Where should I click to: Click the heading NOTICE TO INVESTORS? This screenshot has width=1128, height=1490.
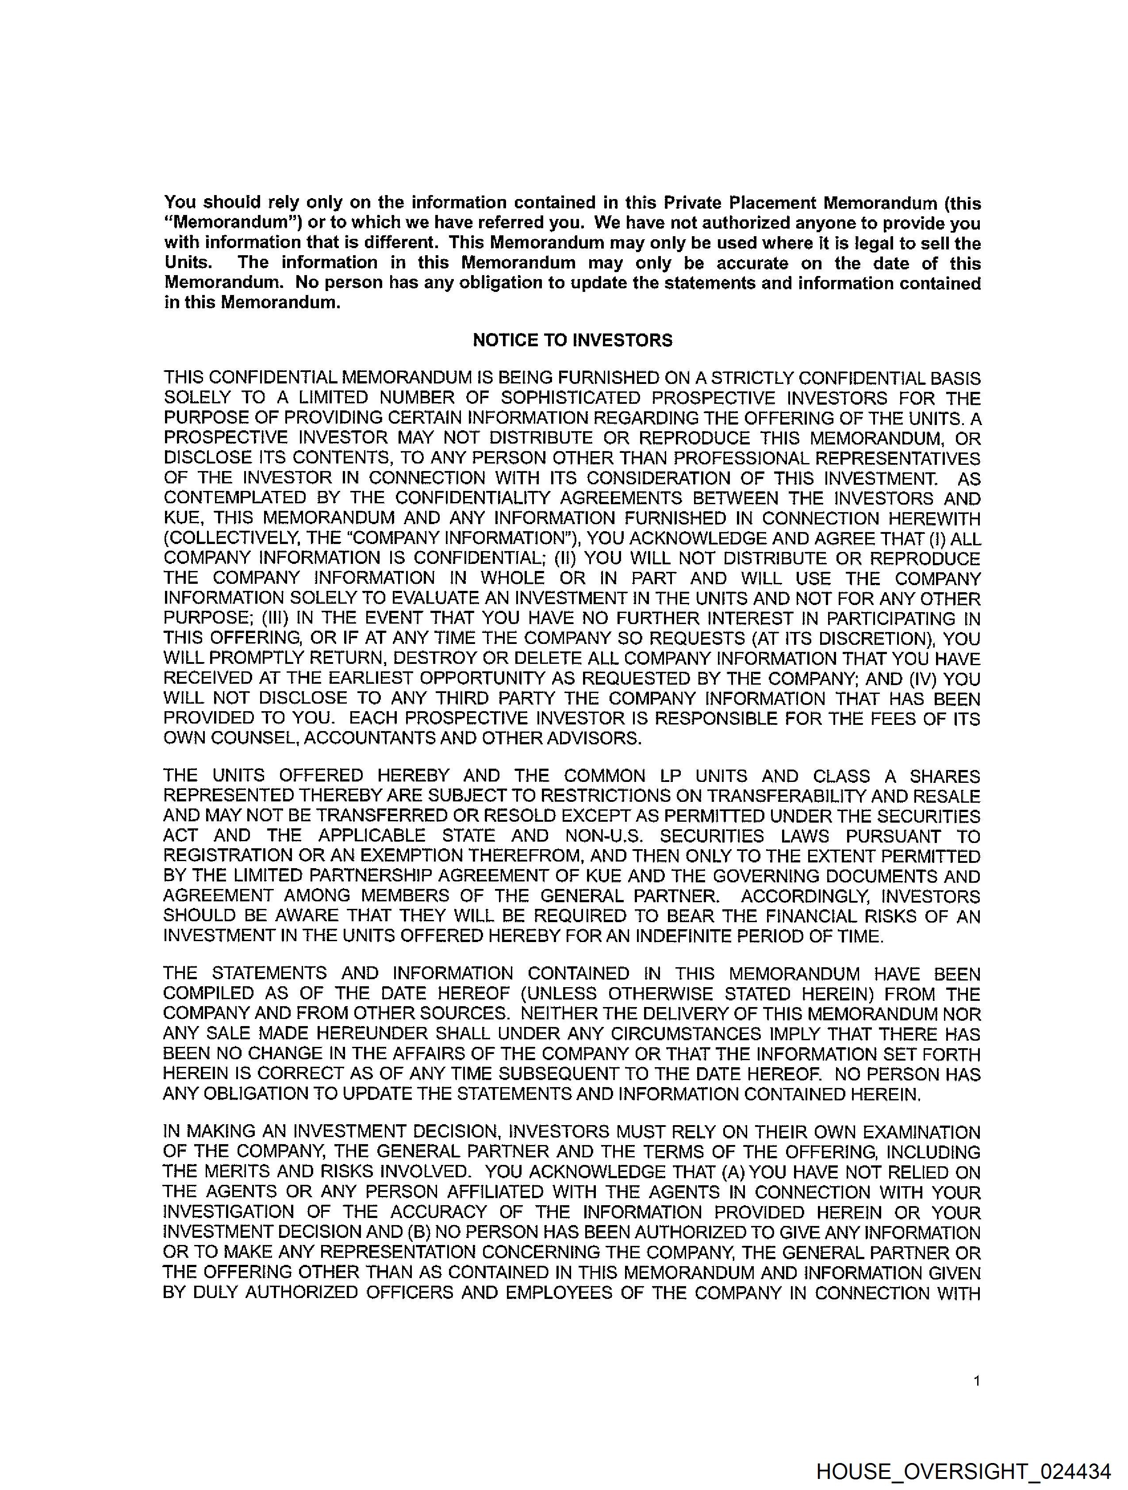pos(572,340)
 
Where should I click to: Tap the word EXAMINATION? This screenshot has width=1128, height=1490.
pos(918,1132)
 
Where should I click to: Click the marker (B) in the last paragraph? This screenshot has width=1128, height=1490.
pos(414,1232)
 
